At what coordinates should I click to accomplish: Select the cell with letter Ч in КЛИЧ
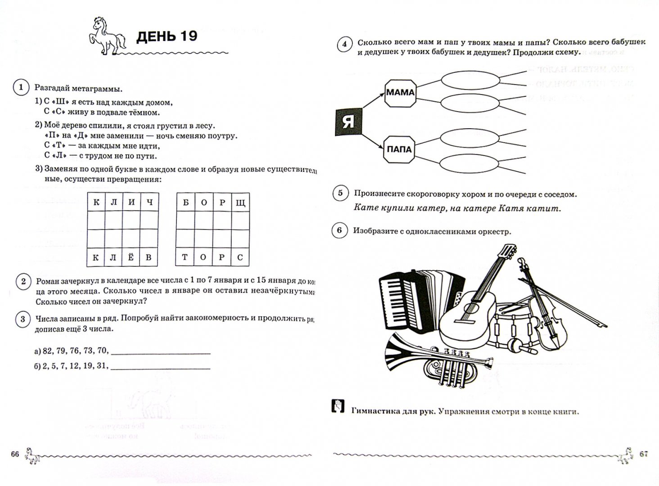click(149, 202)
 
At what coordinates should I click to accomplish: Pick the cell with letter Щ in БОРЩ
click(240, 202)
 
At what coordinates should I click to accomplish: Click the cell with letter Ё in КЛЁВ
click(131, 257)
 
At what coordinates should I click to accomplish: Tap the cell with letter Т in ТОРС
click(185, 257)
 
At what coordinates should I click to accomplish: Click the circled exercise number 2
click(23, 282)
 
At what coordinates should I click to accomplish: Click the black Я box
click(348, 122)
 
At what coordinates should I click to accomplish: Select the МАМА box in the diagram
click(400, 93)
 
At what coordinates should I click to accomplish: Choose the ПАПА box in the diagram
click(399, 149)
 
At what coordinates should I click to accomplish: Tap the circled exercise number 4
click(344, 44)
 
